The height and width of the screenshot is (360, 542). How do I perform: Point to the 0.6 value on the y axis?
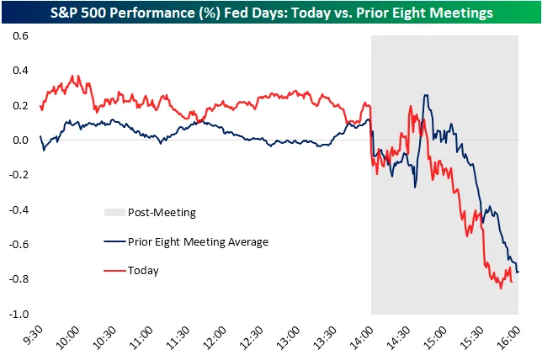19,36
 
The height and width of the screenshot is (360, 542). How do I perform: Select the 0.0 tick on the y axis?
19,140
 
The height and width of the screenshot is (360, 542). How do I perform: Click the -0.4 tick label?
18,209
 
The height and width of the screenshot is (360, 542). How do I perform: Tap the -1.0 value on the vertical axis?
18,314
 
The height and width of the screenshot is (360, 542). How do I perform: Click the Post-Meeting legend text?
162,213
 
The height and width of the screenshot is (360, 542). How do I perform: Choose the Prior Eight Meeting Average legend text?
198,242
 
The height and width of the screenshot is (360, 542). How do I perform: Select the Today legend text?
143,271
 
